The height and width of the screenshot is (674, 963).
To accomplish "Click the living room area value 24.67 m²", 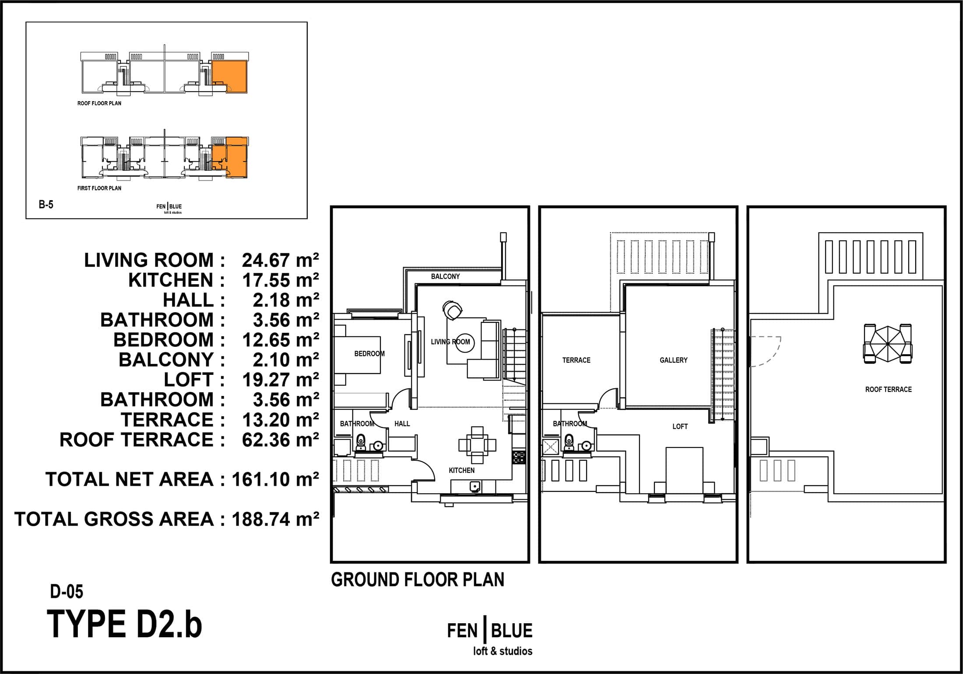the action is click(x=280, y=260).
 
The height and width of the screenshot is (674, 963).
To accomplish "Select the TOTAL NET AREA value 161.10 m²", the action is click(x=275, y=479).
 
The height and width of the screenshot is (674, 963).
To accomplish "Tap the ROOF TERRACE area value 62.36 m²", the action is click(x=280, y=440).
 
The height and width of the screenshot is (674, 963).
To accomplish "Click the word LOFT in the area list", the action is click(x=189, y=380).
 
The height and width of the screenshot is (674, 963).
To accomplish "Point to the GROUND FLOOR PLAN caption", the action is click(x=418, y=579).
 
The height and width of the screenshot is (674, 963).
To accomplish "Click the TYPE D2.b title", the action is click(x=124, y=624).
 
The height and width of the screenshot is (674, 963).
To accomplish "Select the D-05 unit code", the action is click(x=67, y=591).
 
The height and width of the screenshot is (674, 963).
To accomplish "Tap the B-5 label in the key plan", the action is click(x=46, y=204).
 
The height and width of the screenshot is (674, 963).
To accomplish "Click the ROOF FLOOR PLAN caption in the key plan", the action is click(x=99, y=103).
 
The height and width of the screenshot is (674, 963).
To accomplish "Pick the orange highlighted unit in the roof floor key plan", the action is click(x=230, y=77).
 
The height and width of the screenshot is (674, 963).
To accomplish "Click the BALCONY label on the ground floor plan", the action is click(x=445, y=276).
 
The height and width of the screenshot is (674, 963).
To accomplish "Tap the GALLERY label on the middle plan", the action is click(x=673, y=360).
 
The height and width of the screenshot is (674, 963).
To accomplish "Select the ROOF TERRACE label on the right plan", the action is click(x=888, y=389).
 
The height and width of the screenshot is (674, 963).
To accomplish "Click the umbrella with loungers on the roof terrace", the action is click(x=888, y=344).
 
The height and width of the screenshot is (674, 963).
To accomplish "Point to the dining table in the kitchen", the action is click(x=477, y=445).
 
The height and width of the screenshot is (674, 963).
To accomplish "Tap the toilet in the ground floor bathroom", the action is click(x=361, y=442).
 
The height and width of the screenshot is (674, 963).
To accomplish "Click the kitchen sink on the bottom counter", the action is click(x=475, y=486).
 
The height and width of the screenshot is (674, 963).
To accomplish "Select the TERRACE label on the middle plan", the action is click(x=576, y=360).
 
